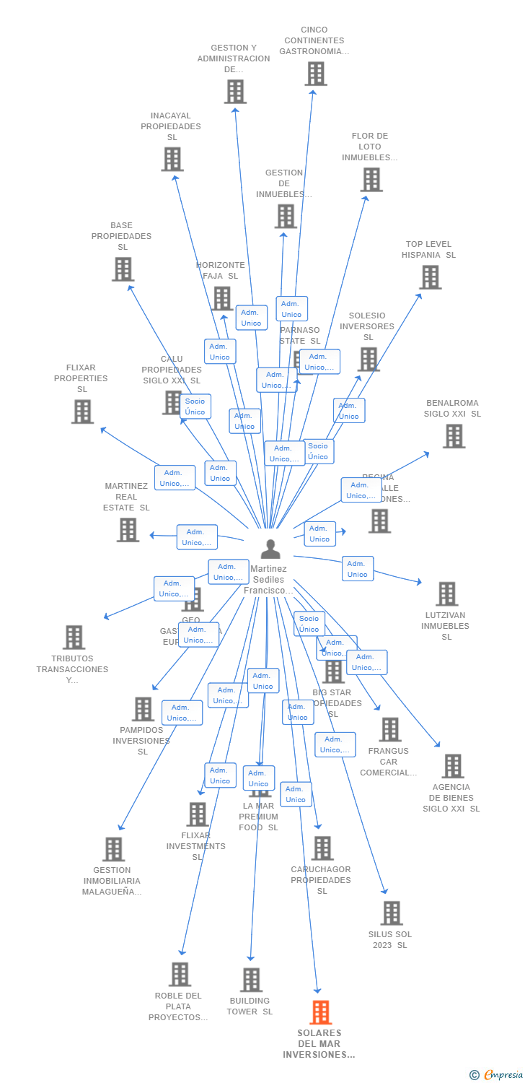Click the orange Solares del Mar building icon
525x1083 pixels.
pos(321,1012)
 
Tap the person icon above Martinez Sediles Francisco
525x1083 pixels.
pos(270,549)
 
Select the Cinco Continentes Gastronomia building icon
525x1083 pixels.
pos(315,74)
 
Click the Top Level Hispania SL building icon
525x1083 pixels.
pos(430,277)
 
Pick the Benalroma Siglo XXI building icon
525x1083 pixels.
pos(453,436)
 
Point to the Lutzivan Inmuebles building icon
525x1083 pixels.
pos(446,594)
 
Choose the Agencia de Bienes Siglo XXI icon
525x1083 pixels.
pos(452,766)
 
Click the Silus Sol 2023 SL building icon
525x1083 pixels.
pos(391,913)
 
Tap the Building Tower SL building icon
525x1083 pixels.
pos(251,980)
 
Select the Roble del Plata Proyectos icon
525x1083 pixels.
pos(180,975)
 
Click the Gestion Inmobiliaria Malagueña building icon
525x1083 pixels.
pos(113,850)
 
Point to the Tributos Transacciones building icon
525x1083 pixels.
pos(74,638)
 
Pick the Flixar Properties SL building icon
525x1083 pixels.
pos(82,412)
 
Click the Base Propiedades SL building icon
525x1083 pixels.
pos(123,269)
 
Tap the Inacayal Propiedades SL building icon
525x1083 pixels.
pos(172,160)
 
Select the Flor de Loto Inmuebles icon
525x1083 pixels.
pos(371,180)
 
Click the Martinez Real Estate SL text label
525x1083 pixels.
pos(126,497)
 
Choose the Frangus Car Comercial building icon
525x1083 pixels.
pos(389,730)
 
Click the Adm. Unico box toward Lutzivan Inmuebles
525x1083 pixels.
pos(357,568)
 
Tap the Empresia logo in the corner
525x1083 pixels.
pos(498,1075)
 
